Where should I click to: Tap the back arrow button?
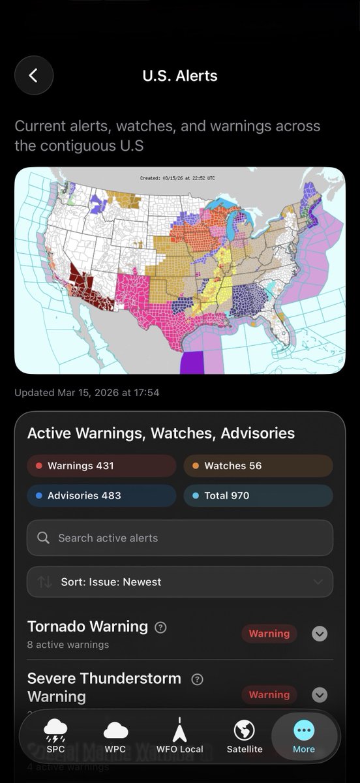[x=34, y=76]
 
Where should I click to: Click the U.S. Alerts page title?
[x=180, y=76]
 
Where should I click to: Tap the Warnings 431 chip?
[x=102, y=466]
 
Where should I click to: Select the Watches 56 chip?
[x=258, y=466]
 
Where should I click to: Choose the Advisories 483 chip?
[x=102, y=495]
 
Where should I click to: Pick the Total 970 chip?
[x=258, y=495]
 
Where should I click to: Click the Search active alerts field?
[x=189, y=538]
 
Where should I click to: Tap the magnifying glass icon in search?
[x=44, y=538]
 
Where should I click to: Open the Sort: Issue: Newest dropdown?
[x=180, y=582]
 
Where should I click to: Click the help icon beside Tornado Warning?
[x=160, y=628]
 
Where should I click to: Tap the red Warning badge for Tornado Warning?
[x=269, y=634]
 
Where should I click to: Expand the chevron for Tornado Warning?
[x=320, y=634]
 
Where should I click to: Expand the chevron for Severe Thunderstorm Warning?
[x=320, y=694]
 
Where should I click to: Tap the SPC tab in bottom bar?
[x=55, y=736]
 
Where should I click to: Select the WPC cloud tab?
[x=115, y=736]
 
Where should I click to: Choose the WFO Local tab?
[x=179, y=736]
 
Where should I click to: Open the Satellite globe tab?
[x=244, y=736]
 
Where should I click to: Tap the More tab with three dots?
[x=304, y=736]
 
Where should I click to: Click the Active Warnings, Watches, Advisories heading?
[x=161, y=433]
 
